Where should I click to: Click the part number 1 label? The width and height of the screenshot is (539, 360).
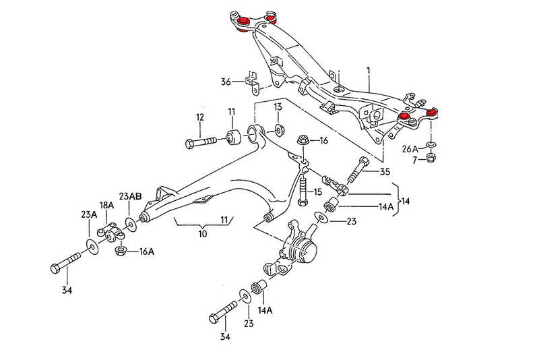coord(369,71)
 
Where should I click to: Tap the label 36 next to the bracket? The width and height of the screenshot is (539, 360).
coord(226,82)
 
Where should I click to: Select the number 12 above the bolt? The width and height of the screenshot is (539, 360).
coord(199,117)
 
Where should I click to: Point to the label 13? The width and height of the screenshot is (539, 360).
coord(278,107)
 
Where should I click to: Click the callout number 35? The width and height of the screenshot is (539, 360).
coord(385,171)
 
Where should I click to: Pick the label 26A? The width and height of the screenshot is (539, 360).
coord(410,148)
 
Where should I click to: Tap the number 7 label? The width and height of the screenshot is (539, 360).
coord(416,160)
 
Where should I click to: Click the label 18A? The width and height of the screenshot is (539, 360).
coord(107,205)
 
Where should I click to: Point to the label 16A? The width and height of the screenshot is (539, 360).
coord(147,252)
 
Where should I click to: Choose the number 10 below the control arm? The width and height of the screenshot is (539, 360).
coord(202,234)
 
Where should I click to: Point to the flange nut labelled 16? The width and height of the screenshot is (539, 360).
coord(303,141)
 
